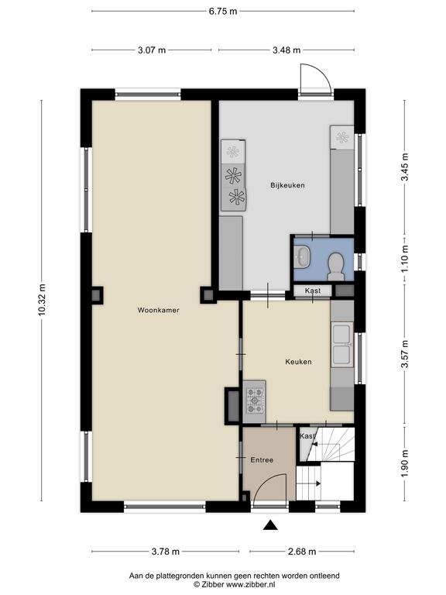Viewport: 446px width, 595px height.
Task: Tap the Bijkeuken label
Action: pyautogui.click(x=287, y=185)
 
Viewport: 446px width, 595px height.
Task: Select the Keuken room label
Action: pyautogui.click(x=298, y=362)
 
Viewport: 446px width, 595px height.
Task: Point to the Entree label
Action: pyautogui.click(x=262, y=460)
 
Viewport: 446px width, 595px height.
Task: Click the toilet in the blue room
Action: pyautogui.click(x=335, y=267)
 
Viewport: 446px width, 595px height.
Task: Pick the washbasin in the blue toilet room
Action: pyautogui.click(x=302, y=257)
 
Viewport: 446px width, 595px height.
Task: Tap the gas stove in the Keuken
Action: pyautogui.click(x=255, y=401)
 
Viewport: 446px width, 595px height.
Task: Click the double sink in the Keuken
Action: pyautogui.click(x=341, y=344)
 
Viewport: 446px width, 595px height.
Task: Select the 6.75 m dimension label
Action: pyautogui.click(x=223, y=11)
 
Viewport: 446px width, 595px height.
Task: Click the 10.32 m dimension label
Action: pyautogui.click(x=42, y=299)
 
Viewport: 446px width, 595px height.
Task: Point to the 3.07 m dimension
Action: pyautogui.click(x=152, y=50)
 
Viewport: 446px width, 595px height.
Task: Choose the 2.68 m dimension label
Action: pyautogui.click(x=302, y=552)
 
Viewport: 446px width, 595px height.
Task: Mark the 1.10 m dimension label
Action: pyautogui.click(x=406, y=259)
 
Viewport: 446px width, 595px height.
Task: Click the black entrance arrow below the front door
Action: pyautogui.click(x=270, y=524)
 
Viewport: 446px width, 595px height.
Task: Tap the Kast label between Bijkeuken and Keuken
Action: pyautogui.click(x=313, y=291)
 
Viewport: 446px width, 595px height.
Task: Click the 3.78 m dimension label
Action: pyautogui.click(x=166, y=552)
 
